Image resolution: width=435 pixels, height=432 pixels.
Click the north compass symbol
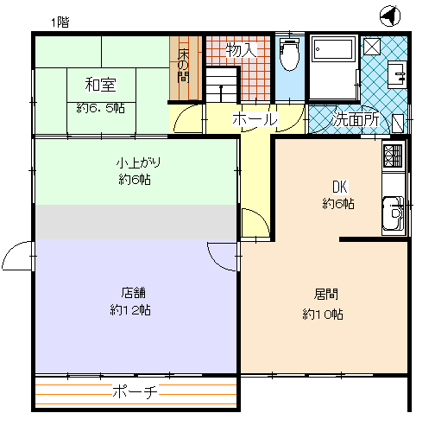[x=390, y=16]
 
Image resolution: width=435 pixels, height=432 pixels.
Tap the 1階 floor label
[x=60, y=22]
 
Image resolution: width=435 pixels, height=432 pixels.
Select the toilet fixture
[x=290, y=54]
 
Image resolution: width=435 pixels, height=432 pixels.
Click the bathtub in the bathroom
[x=333, y=49]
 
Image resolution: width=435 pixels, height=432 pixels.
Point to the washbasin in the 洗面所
[x=397, y=74]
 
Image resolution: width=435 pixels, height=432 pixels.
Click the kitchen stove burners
[x=393, y=156]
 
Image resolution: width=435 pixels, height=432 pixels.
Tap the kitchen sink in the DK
[x=393, y=213]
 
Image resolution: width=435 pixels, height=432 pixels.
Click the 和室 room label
[x=100, y=85]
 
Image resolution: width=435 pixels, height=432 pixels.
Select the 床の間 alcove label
[x=183, y=66]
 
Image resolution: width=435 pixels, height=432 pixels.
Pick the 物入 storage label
[x=241, y=50]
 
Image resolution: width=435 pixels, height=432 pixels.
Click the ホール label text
[x=255, y=118]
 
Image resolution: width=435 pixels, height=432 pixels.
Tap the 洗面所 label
[x=356, y=118]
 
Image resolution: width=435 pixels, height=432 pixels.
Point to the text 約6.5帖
[x=101, y=108]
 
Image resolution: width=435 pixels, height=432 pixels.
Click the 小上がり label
[x=138, y=162]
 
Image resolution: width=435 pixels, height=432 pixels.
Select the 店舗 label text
[x=134, y=293]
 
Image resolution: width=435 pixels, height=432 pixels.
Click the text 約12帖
[x=130, y=310]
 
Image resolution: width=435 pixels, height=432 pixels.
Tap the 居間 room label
[x=325, y=295]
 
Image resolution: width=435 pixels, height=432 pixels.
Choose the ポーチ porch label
[x=135, y=391]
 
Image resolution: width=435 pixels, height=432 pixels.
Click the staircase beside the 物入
[x=222, y=85]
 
